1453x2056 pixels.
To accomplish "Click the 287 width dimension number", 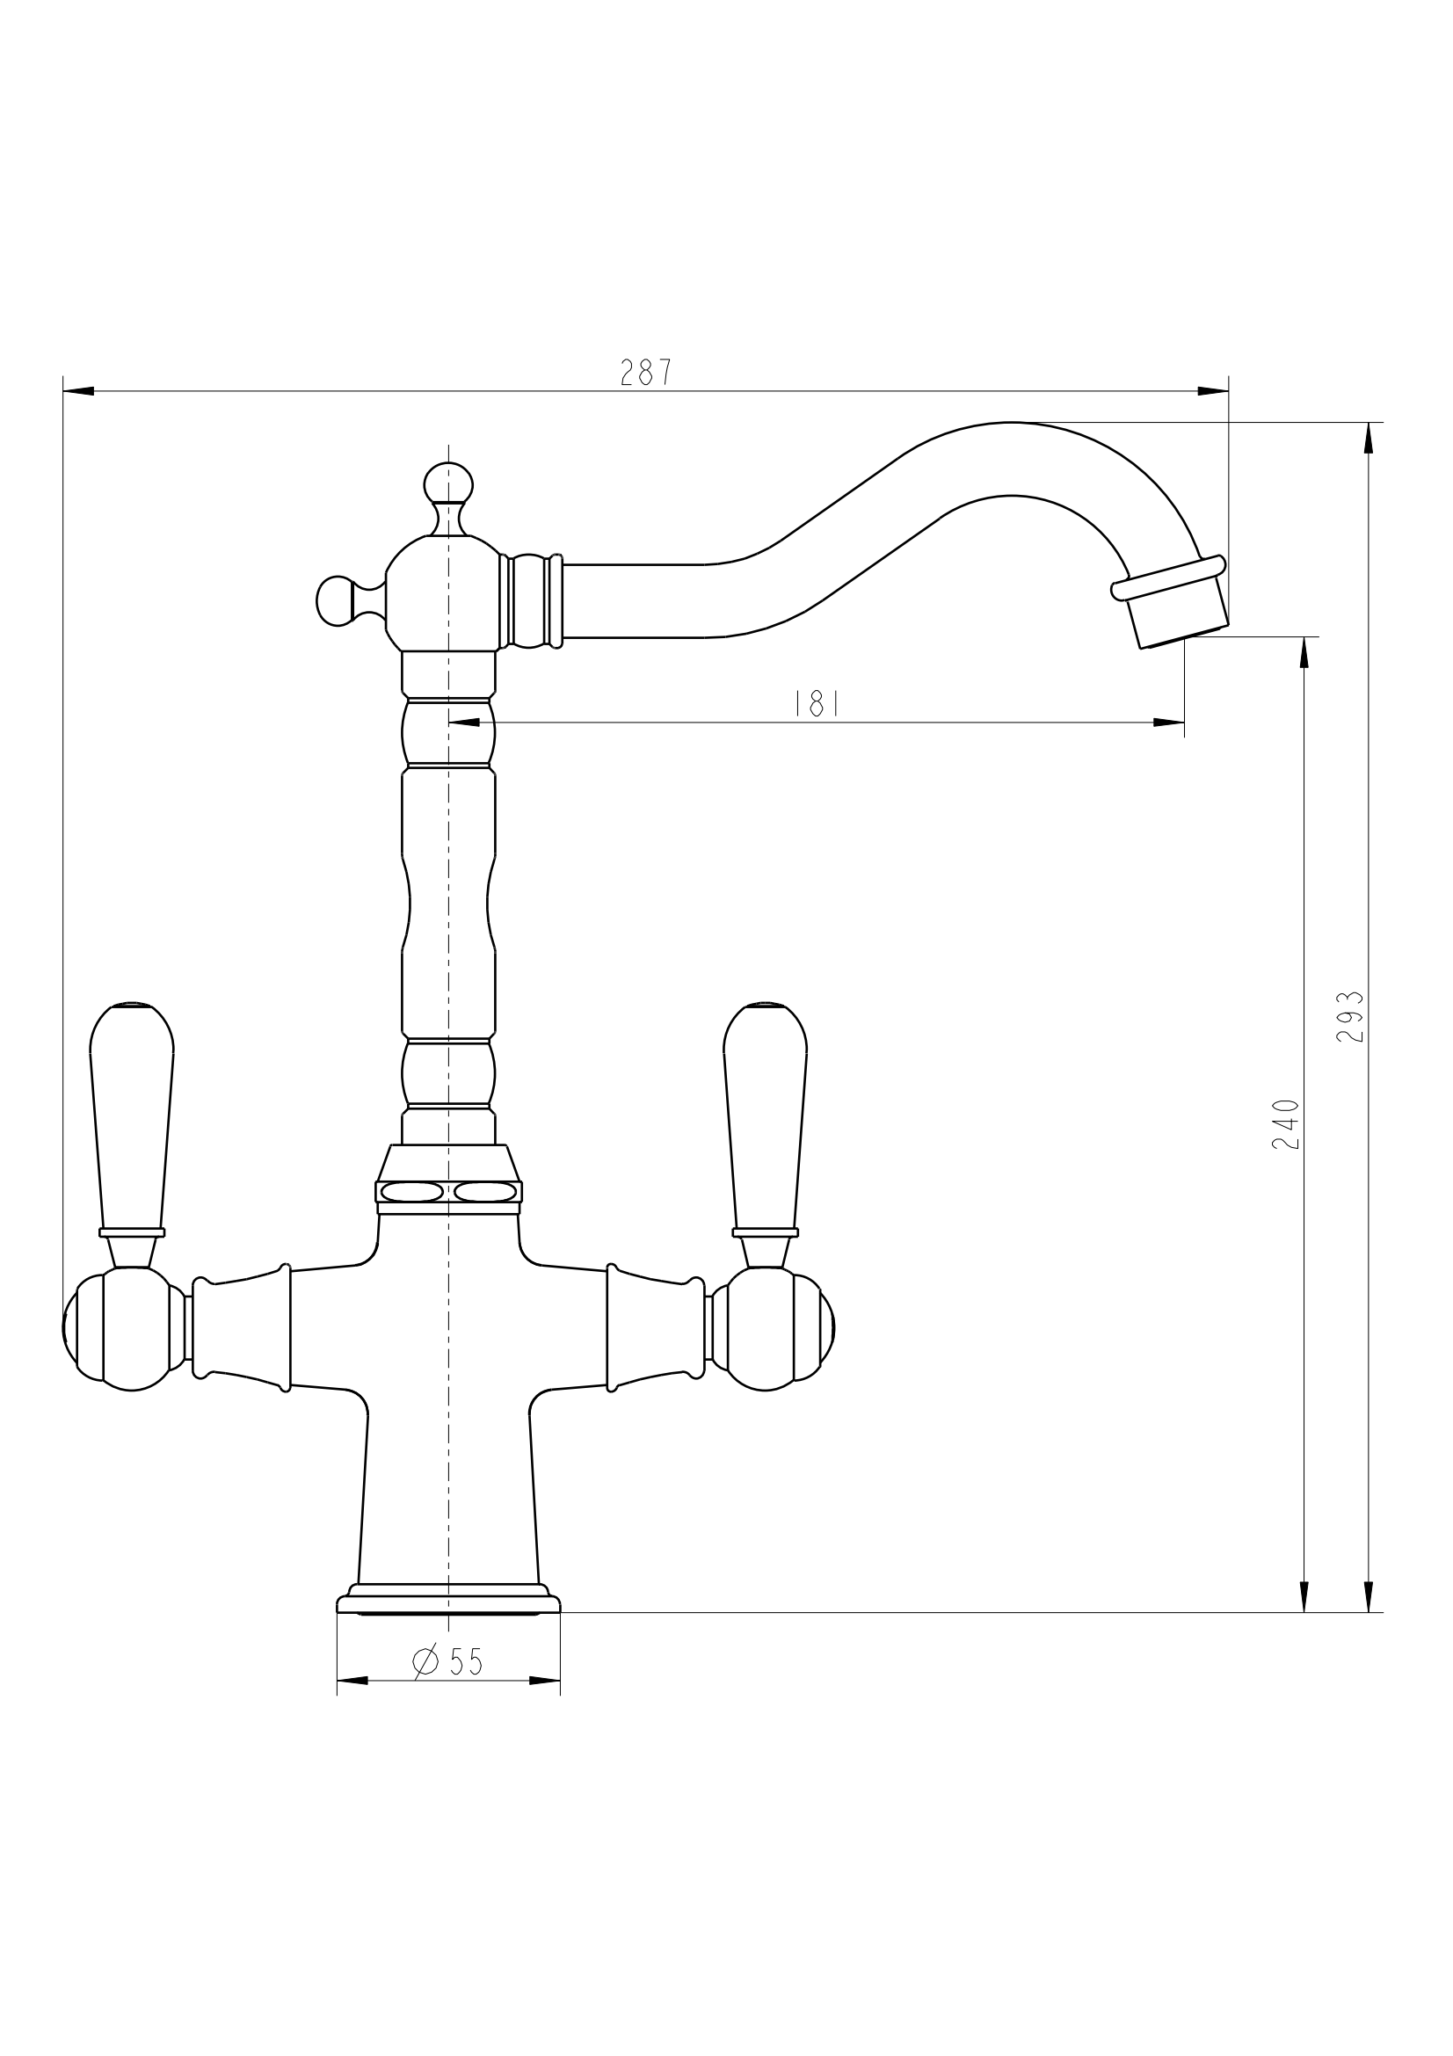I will [645, 373].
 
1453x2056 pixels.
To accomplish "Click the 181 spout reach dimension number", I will [817, 704].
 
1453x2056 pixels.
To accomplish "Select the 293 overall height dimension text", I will [1350, 1016].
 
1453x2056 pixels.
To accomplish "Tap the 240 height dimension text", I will [1285, 1124].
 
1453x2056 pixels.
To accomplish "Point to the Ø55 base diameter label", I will [448, 1663].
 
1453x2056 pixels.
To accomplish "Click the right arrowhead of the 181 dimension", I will [1168, 723].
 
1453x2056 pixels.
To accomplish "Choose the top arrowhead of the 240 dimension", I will [1304, 653].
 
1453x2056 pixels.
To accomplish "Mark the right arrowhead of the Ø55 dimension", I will [544, 1680].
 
